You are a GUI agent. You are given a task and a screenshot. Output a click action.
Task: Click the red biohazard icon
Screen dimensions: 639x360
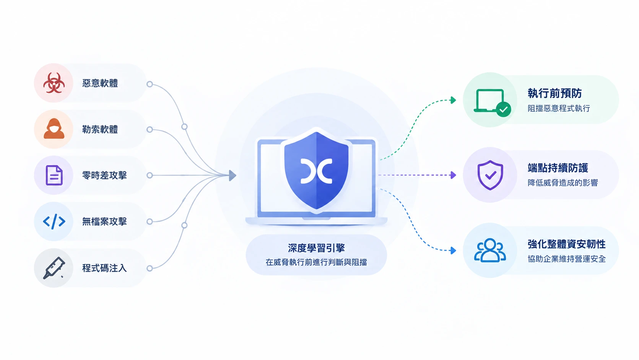tap(54, 83)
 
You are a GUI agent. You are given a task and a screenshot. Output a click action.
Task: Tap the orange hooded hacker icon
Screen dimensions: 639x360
tap(54, 129)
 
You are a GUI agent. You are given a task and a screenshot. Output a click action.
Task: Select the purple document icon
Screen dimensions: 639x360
tap(54, 175)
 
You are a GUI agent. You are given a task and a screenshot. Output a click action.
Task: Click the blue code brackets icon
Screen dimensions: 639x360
tap(54, 222)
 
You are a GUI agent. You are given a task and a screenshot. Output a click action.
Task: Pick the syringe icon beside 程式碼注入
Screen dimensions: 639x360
tap(54, 268)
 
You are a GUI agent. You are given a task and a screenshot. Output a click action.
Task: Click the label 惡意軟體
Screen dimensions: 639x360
tap(100, 83)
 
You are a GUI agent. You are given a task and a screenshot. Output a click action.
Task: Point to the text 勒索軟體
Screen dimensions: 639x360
tap(100, 129)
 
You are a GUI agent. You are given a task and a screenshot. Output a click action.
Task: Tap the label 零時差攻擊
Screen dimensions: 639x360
tap(104, 175)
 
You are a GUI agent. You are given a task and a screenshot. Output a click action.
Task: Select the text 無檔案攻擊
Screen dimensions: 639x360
tap(104, 222)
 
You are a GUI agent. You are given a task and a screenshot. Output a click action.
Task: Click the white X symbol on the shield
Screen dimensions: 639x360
tap(316, 171)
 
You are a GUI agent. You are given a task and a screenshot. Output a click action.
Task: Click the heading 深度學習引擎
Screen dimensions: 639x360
tap(316, 248)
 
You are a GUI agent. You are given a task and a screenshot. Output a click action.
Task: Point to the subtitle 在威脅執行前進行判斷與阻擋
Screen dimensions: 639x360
tap(316, 262)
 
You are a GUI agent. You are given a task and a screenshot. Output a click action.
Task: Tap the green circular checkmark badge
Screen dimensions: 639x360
tap(504, 109)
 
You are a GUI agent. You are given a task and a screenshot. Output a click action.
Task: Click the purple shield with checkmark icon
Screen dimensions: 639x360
tap(490, 175)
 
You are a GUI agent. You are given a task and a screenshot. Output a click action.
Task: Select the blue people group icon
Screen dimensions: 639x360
tap(490, 250)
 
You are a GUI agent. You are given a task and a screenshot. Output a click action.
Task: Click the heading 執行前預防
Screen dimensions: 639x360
tap(554, 93)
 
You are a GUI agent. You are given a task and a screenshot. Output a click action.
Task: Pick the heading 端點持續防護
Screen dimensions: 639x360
tap(558, 168)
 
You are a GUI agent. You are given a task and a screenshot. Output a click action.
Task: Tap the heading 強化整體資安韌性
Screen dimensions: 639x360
tap(567, 244)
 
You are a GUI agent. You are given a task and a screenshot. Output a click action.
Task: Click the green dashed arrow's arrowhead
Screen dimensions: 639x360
tap(453, 100)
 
